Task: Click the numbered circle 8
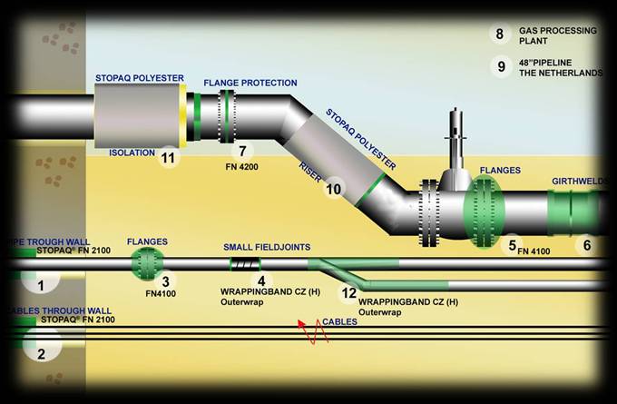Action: pos(500,34)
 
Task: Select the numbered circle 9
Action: pos(500,66)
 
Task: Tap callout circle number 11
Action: pos(167,158)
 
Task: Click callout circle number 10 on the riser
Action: pos(334,189)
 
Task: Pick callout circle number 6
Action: pos(586,244)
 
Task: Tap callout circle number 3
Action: pos(165,282)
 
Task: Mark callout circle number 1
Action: pos(41,285)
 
